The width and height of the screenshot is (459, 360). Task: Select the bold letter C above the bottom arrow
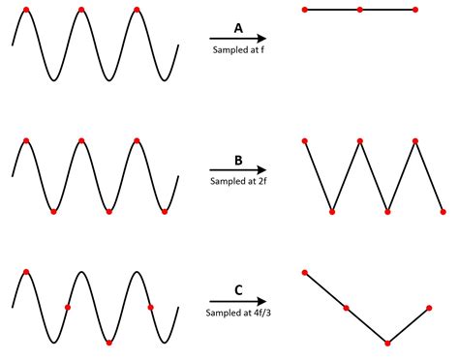(x=238, y=288)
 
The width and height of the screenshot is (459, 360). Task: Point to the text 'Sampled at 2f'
(x=237, y=180)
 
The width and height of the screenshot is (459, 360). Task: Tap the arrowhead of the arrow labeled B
(x=261, y=168)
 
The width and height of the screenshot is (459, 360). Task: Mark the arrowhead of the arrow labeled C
(x=261, y=301)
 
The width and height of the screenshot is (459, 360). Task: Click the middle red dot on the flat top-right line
(x=360, y=10)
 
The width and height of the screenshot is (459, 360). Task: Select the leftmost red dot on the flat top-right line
(x=305, y=10)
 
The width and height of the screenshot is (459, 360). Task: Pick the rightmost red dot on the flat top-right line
(x=415, y=10)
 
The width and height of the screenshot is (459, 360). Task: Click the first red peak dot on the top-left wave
(x=25, y=10)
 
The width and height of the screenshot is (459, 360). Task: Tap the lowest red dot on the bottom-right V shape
(x=387, y=342)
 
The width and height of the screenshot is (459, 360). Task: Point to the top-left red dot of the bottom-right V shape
(x=305, y=273)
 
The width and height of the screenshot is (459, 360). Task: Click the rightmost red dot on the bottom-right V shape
(x=429, y=308)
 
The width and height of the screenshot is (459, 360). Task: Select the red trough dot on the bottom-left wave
(x=108, y=342)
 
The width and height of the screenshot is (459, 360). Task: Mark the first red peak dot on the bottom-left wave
(x=25, y=272)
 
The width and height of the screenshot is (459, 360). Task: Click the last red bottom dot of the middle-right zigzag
(x=443, y=210)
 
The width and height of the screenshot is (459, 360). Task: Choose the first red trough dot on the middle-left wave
(x=53, y=210)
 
